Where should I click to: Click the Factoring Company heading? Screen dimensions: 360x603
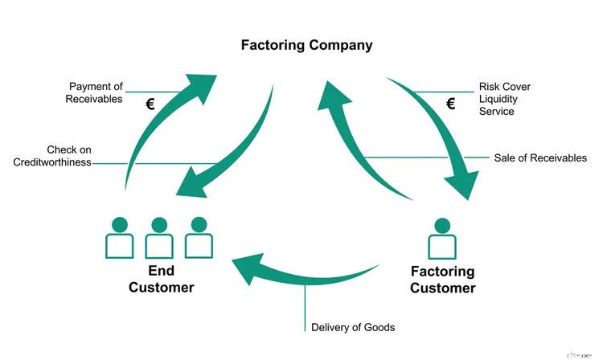(x=306, y=45)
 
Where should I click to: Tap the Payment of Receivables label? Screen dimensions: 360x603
(x=96, y=92)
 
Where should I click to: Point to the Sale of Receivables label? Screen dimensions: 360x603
(x=539, y=157)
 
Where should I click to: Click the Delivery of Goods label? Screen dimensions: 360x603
(x=353, y=327)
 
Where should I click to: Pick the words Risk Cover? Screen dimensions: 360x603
(x=504, y=87)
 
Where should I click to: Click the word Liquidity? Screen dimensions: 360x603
(x=498, y=99)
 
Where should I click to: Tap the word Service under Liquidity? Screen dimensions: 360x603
(x=496, y=111)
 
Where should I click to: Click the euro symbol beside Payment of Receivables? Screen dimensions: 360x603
(x=150, y=104)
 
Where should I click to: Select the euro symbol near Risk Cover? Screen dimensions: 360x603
(x=451, y=103)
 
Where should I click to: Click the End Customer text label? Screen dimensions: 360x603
(x=161, y=280)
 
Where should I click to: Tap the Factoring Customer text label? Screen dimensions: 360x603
(x=442, y=280)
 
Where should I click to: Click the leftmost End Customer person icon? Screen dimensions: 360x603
(x=120, y=238)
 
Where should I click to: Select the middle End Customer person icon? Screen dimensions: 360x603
(x=159, y=238)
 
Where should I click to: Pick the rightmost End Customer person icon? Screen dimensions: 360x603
(x=199, y=238)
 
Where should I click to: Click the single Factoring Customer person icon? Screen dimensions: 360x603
(x=441, y=238)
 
